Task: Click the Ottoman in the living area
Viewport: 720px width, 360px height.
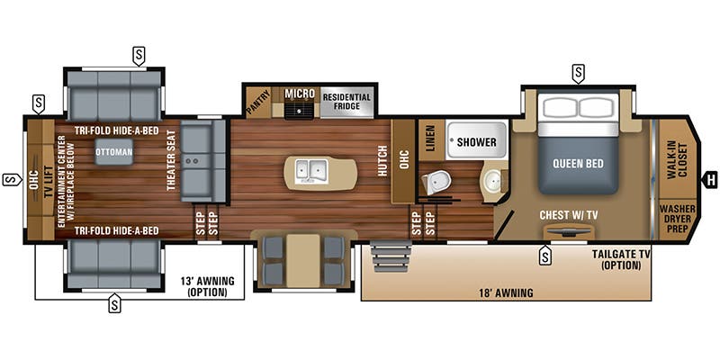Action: click(114, 151)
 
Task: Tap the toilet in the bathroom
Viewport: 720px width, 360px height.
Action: click(437, 181)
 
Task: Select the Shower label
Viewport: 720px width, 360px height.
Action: click(476, 142)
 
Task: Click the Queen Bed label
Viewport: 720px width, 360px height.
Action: click(579, 164)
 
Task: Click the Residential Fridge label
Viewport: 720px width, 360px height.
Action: click(346, 101)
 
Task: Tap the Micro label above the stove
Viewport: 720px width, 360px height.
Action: click(299, 94)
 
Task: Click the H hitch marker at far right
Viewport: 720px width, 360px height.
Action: click(711, 178)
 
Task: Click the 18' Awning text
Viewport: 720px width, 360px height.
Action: click(506, 292)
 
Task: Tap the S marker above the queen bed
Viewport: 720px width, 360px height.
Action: click(578, 70)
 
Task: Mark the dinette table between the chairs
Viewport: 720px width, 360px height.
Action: click(304, 259)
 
